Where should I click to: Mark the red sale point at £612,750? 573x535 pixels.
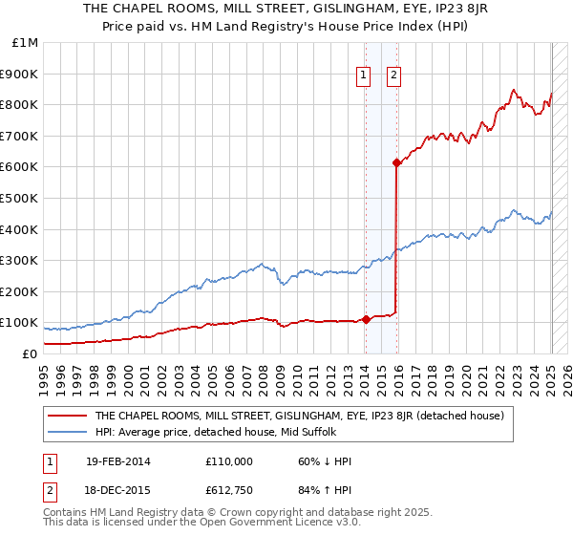[396, 162]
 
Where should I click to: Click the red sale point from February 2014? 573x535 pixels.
[366, 319]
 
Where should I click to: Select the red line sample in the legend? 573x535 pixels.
[68, 416]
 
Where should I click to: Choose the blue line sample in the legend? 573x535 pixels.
[68, 432]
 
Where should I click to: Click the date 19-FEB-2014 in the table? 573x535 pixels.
[117, 461]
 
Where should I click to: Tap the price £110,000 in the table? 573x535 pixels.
[229, 461]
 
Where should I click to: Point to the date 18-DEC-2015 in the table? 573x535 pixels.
[117, 491]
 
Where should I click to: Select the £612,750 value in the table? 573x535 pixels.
[229, 491]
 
